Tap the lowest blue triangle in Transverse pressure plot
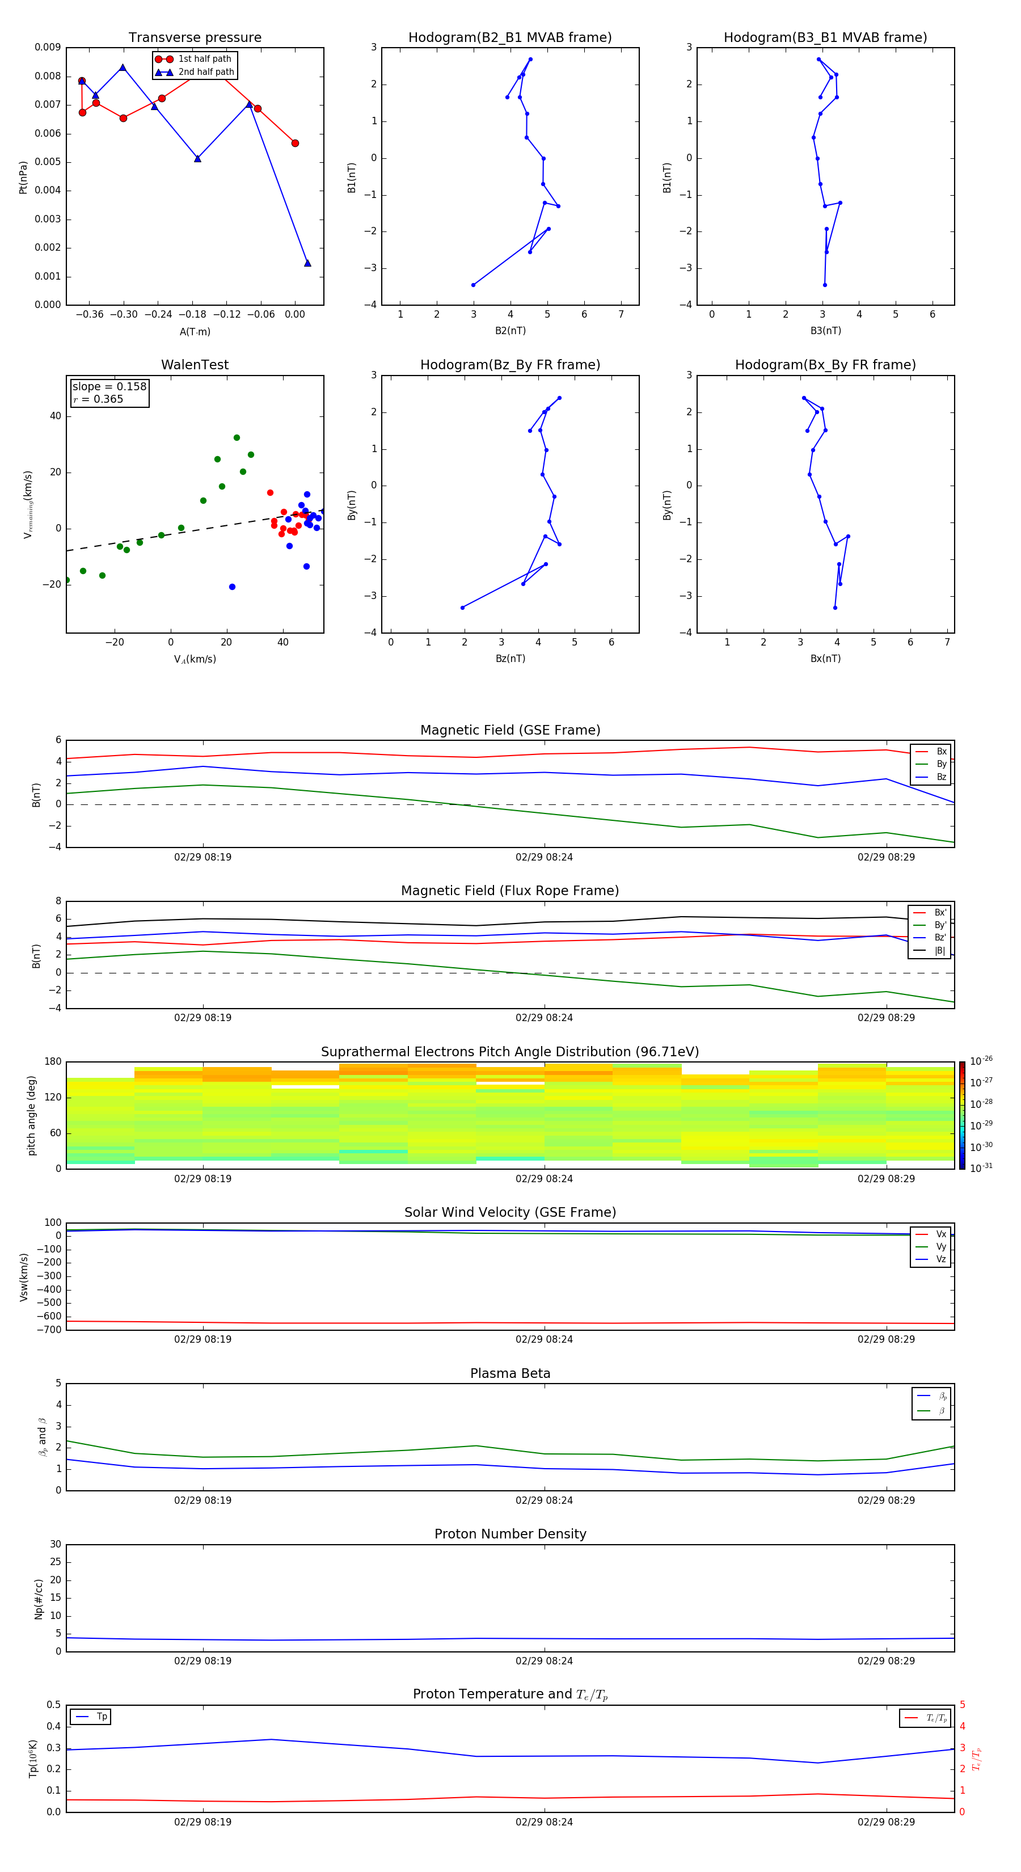click(x=307, y=263)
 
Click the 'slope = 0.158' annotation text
click(x=109, y=387)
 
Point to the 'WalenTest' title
click(x=195, y=365)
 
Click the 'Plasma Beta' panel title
click(x=510, y=1373)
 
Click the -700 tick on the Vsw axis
click(x=52, y=1330)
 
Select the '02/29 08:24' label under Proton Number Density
click(x=545, y=1660)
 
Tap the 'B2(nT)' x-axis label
click(x=510, y=331)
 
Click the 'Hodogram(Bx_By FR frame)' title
click(x=825, y=365)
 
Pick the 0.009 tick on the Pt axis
click(x=47, y=47)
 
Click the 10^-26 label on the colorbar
click(x=981, y=1061)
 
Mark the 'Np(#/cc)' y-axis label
click(x=39, y=1599)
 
